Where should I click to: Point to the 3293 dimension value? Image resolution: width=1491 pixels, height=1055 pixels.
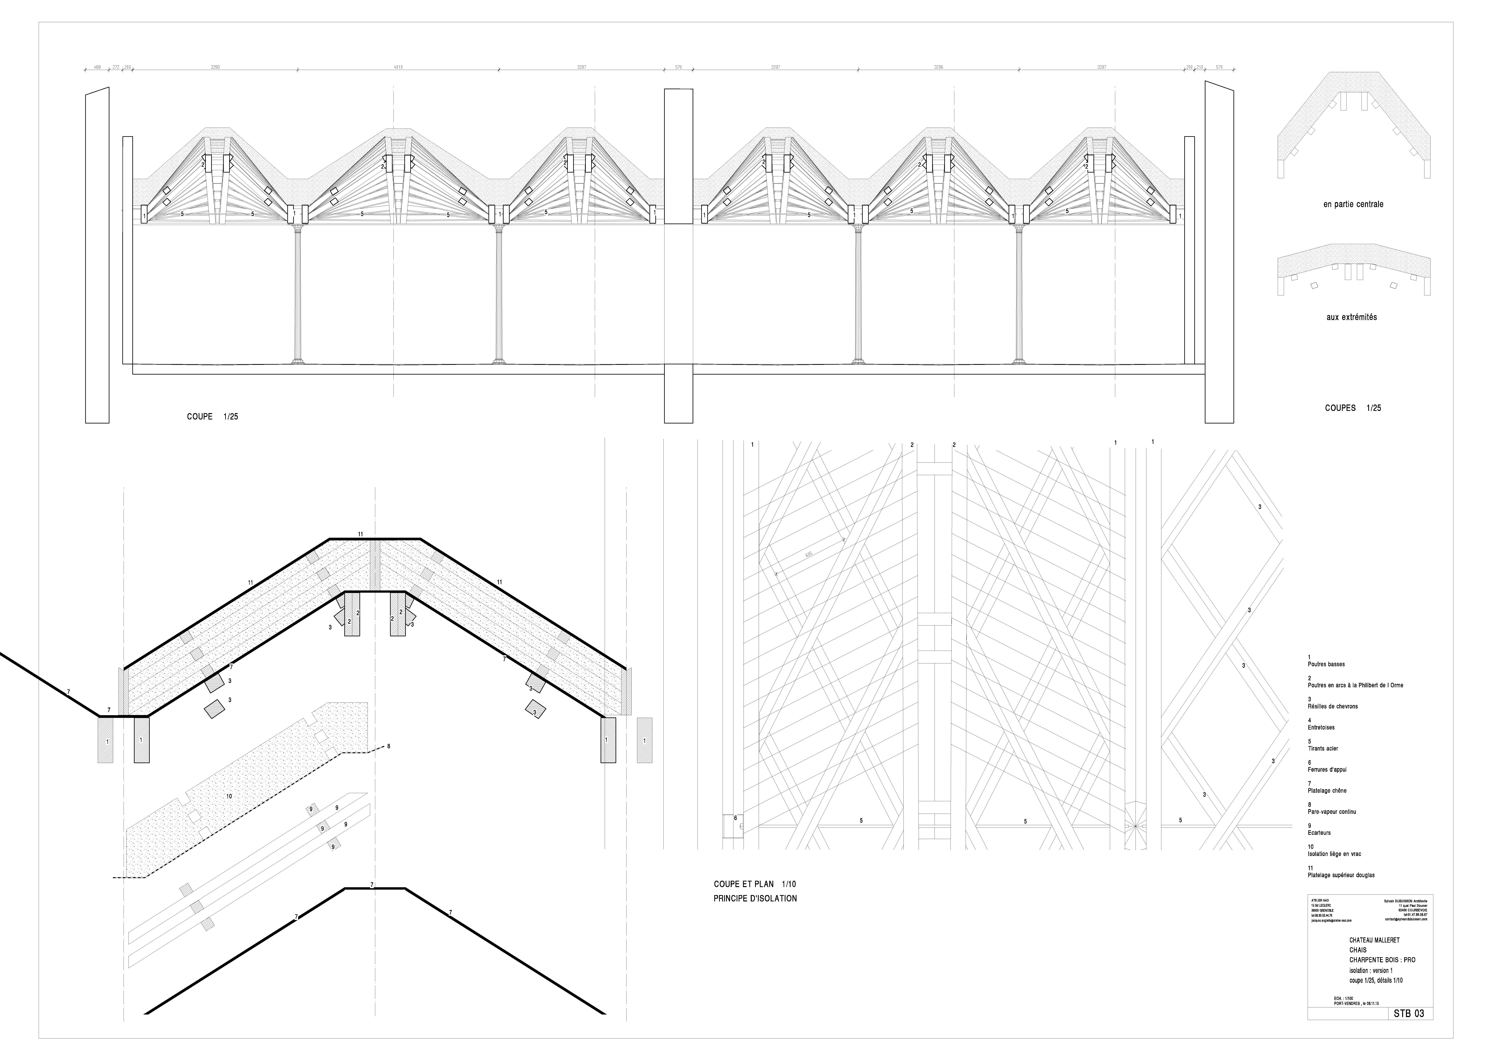point(214,67)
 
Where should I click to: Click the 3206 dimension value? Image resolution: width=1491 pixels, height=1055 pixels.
point(938,67)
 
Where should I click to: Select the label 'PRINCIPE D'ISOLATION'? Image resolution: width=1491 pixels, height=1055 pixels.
point(755,898)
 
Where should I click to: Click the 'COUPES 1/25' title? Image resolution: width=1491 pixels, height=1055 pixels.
point(1353,408)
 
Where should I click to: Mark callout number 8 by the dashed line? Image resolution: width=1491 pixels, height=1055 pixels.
point(388,746)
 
